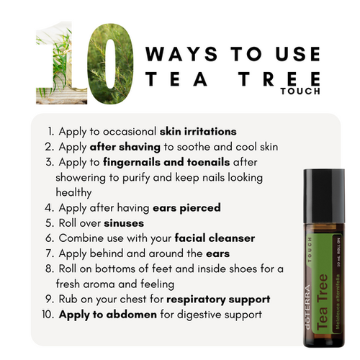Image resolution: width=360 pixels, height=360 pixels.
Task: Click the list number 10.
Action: coord(46,315)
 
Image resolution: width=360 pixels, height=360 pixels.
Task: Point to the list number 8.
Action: coord(48,269)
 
